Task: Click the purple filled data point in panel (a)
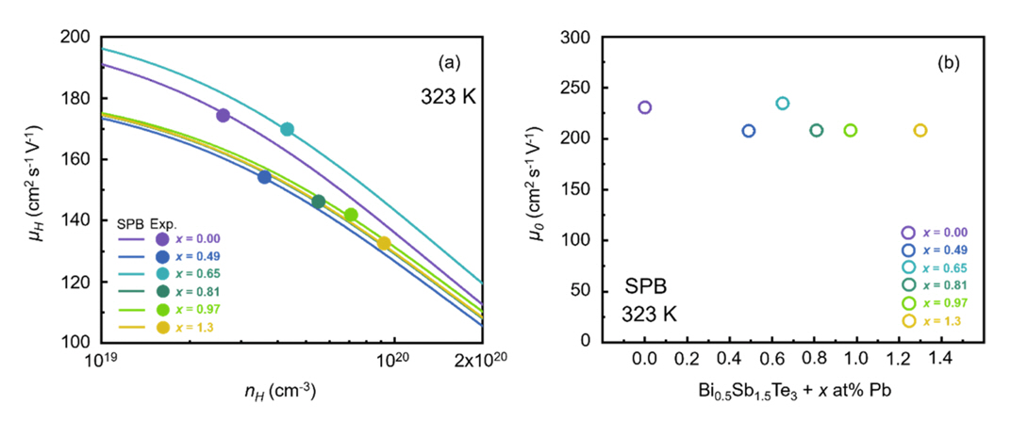click(x=224, y=116)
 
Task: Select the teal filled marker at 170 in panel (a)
click(x=287, y=129)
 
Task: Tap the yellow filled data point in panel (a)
click(x=384, y=244)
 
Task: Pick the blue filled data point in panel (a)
click(x=264, y=177)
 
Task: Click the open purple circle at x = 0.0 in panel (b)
click(x=644, y=107)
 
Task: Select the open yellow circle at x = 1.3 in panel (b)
click(x=920, y=130)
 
